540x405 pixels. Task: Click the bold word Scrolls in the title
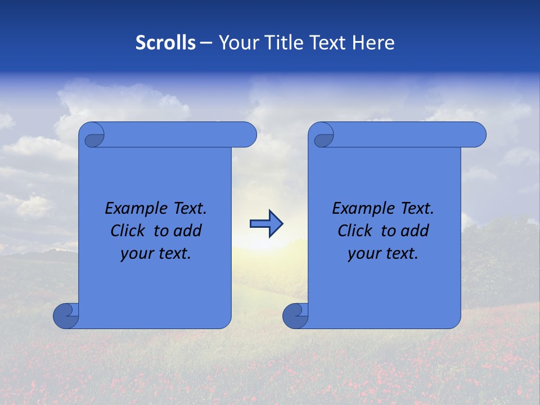(165, 43)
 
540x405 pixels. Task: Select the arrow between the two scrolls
(266, 224)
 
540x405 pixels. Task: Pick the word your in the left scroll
(134, 254)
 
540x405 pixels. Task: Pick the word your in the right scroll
(362, 254)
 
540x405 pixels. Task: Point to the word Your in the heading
(235, 43)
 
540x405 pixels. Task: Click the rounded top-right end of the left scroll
(246, 135)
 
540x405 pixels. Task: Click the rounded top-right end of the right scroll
(476, 135)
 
